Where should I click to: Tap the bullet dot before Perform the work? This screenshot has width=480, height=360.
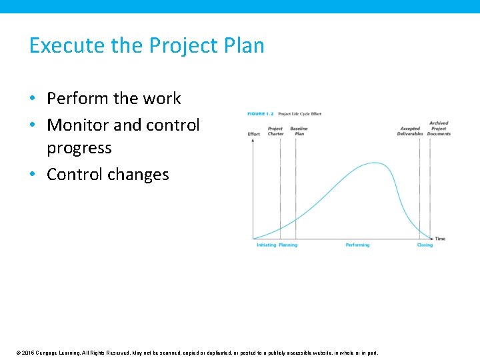pos(33,99)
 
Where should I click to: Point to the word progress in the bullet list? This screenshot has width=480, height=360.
pos(79,147)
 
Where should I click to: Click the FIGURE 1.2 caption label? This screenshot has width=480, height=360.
pos(261,114)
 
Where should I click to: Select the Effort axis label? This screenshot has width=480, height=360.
pos(254,134)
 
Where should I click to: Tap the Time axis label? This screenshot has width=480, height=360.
pos(440,239)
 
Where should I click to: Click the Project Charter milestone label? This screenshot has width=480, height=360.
pos(275,131)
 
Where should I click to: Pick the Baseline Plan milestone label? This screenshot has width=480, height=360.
pos(299,131)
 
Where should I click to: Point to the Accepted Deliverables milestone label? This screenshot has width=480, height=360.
pos(410,131)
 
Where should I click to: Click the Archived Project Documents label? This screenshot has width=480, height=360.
pos(439,129)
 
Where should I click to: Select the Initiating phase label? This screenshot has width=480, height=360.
pos(266,245)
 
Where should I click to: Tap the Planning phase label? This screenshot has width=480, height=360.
pos(288,245)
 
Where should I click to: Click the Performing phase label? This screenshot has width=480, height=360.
pos(357,245)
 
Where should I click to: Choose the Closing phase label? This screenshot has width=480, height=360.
pos(425,245)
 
